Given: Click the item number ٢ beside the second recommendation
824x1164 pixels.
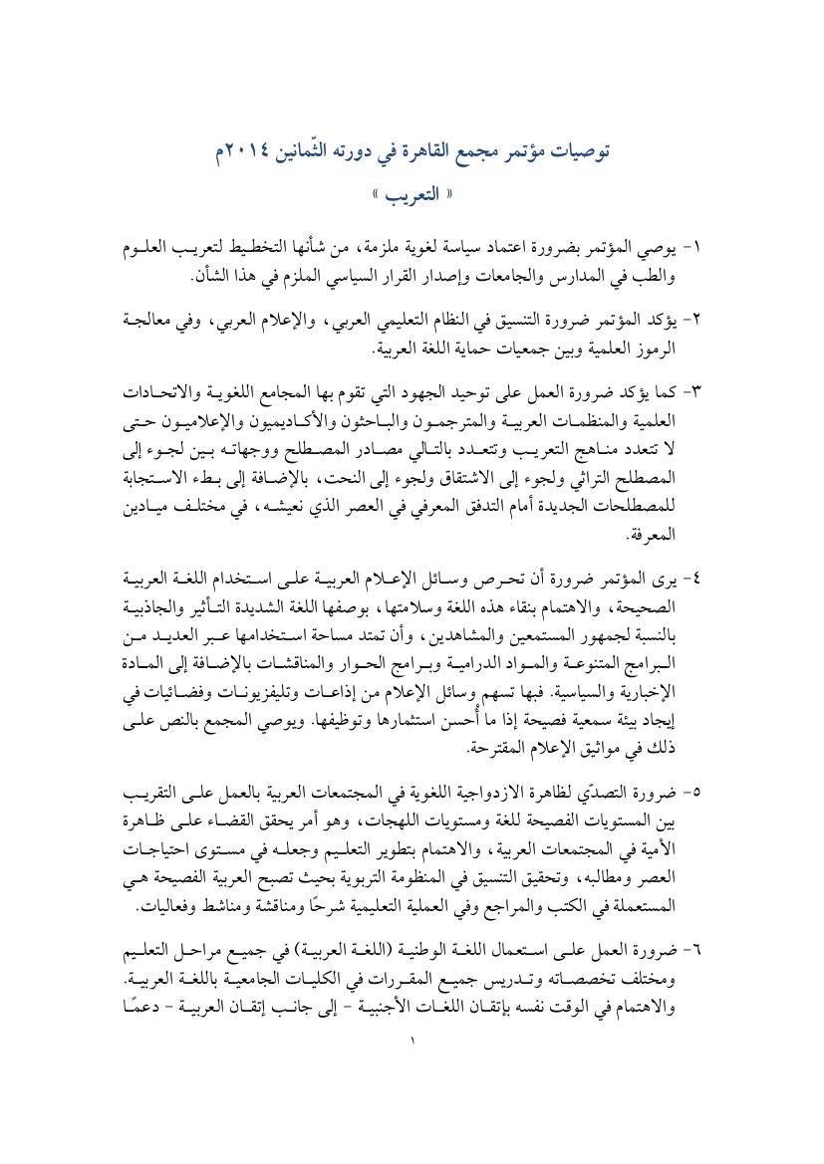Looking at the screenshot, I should pyautogui.click(x=697, y=321).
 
